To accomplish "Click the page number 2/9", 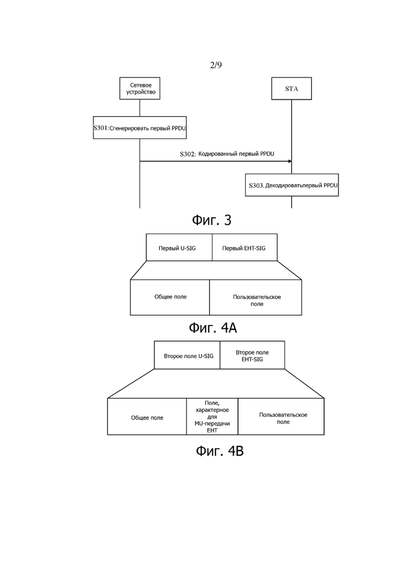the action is click(216, 65).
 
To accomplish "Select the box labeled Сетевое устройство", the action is click(140, 88).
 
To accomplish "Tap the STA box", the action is click(292, 88).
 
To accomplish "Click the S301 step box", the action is click(140, 128).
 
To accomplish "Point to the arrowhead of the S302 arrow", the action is click(290, 161).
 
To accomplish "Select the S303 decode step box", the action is click(292, 185).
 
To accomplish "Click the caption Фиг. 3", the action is click(212, 220).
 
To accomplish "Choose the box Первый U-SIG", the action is click(179, 247).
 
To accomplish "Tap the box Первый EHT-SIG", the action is click(245, 247).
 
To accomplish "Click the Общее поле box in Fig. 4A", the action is click(170, 298).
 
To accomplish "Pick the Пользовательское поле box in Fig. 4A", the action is click(255, 298).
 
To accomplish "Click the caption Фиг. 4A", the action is click(213, 328).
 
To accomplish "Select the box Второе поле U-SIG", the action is click(187, 355).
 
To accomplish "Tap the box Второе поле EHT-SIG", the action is click(252, 355).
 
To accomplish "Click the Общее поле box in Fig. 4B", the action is click(147, 417).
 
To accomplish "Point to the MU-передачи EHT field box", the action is click(212, 417).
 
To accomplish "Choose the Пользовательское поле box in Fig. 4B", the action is click(281, 417).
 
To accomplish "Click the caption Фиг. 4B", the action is click(220, 450).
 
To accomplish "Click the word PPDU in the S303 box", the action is click(330, 186).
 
